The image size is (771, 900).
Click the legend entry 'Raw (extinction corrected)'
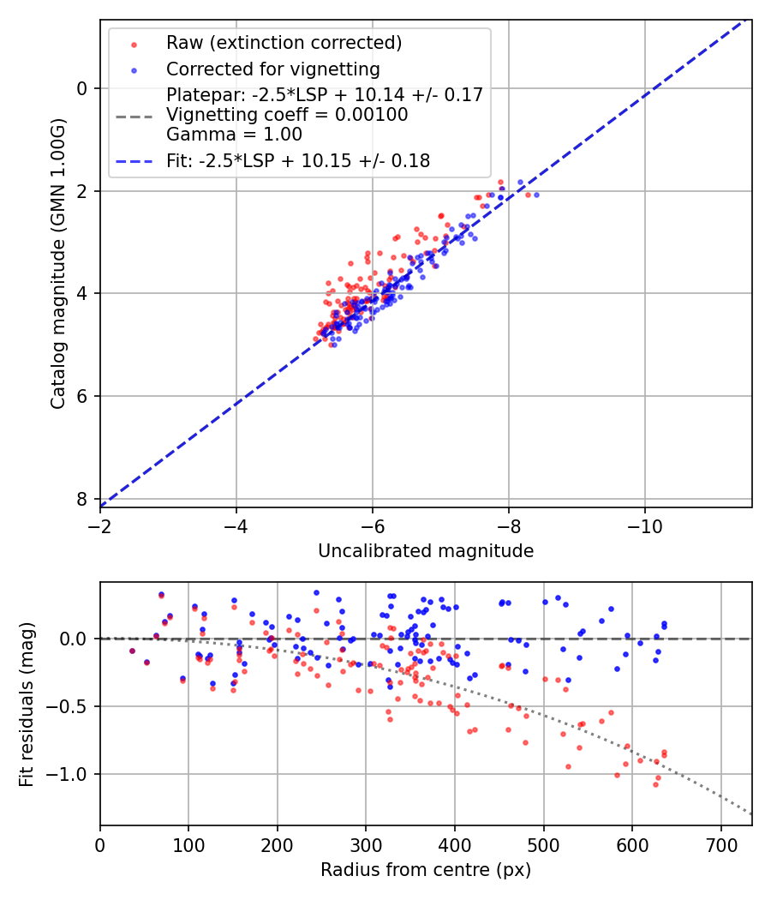pos(284,43)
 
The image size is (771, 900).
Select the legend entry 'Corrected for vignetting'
pos(272,69)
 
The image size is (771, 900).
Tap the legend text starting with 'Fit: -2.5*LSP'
pos(297,160)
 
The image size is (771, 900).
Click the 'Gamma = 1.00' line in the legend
pos(234,134)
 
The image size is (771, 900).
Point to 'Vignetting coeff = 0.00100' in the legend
pos(287,114)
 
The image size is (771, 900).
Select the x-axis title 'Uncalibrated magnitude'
pos(426,551)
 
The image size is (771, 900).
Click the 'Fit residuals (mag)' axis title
pos(27,705)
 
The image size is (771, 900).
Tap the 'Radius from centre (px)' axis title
pos(426,870)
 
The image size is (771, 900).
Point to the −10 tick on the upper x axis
pos(645,525)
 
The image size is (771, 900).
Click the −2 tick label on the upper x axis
pos(100,525)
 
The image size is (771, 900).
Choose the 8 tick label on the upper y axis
pos(82,499)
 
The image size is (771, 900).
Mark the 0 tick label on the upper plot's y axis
pos(82,88)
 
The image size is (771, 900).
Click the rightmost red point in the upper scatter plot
pos(528,195)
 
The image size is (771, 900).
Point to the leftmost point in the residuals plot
pos(132,651)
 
